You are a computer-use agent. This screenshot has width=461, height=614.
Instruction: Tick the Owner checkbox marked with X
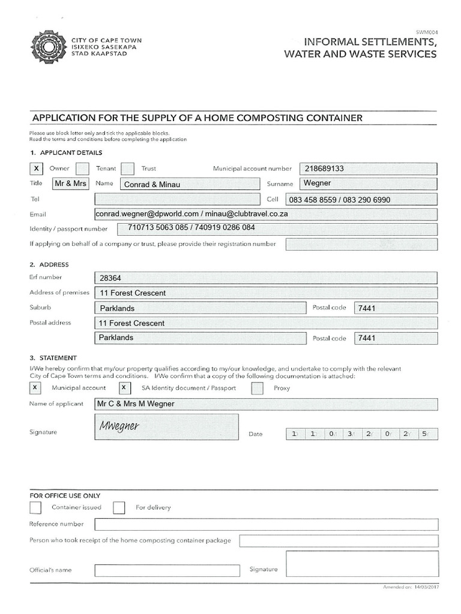pos(37,169)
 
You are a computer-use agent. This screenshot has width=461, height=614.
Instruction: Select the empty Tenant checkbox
pos(83,169)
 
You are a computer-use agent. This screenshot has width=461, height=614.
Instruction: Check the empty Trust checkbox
pos(127,169)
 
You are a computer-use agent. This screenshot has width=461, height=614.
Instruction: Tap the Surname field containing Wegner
pos(367,184)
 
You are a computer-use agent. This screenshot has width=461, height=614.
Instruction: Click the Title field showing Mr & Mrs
pos(70,184)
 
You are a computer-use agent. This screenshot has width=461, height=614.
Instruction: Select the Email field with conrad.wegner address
pos(265,214)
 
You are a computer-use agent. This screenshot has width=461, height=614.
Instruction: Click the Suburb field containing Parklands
pos(199,308)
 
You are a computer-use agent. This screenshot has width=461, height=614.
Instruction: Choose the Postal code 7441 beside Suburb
pos(395,308)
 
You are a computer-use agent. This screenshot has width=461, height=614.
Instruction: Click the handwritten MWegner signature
pos(119,426)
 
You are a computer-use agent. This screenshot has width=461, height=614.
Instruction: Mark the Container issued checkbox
pos(36,508)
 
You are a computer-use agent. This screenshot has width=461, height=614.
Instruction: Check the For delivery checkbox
pos(119,508)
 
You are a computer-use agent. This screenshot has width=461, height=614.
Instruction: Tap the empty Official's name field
pos(167,570)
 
